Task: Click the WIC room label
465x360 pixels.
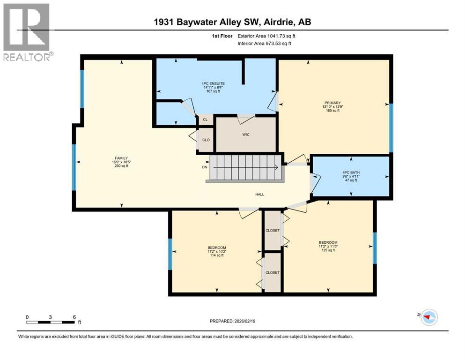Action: [246, 135]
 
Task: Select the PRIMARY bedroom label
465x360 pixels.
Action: [332, 103]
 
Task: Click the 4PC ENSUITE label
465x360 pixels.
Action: [209, 83]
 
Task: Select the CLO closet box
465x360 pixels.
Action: [206, 139]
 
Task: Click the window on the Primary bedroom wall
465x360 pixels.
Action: [391, 128]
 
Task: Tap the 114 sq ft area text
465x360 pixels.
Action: [217, 255]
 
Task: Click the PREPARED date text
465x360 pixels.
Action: [232, 321]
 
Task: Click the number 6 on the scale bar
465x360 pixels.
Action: [74, 317]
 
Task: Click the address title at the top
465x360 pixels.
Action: [232, 22]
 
